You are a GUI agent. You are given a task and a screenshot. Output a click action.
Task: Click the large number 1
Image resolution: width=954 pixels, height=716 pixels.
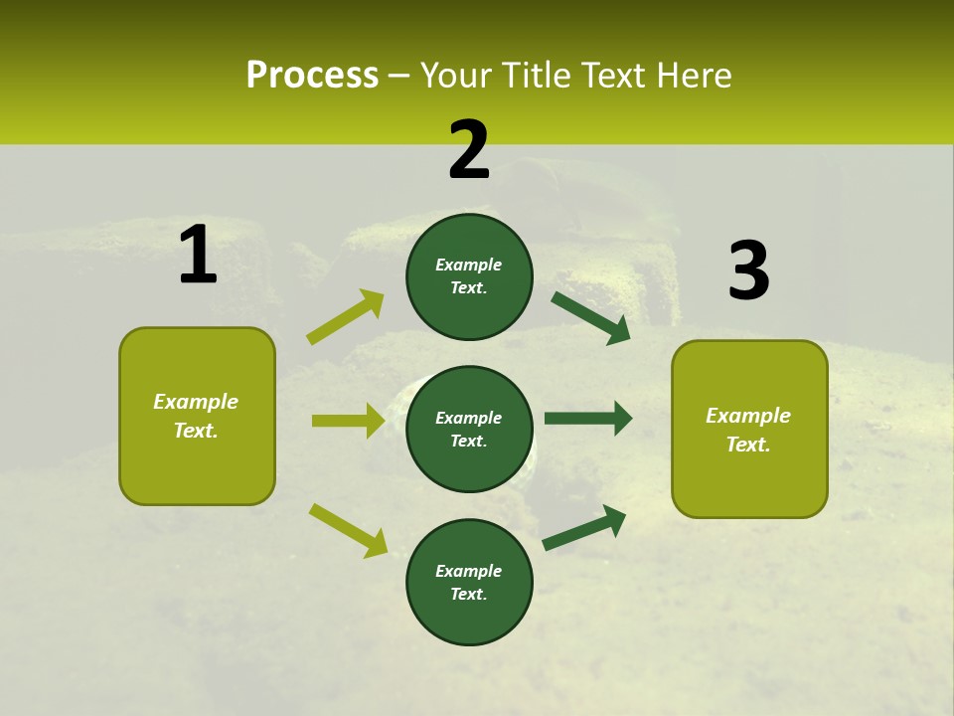198,256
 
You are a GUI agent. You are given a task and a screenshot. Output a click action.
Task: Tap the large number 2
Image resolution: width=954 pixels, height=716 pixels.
469,150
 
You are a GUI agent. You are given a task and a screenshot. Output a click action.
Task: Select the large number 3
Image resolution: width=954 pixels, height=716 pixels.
748,270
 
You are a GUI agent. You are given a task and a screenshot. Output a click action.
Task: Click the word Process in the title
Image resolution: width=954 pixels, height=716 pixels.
312,75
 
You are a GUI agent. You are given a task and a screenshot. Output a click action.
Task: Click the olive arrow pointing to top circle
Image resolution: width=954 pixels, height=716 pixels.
346,317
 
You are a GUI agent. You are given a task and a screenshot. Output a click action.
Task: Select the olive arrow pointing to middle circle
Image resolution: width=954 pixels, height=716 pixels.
348,421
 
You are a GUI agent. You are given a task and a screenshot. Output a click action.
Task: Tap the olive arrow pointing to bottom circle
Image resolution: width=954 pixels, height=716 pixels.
348,530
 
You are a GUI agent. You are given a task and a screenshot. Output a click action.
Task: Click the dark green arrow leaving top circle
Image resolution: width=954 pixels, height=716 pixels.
591,317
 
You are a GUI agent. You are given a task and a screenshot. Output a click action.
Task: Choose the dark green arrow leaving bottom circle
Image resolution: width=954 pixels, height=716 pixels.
584,527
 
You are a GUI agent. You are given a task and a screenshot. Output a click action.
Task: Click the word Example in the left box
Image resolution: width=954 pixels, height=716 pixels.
196,402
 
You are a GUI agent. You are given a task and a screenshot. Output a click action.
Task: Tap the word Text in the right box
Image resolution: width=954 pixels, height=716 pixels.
748,445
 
